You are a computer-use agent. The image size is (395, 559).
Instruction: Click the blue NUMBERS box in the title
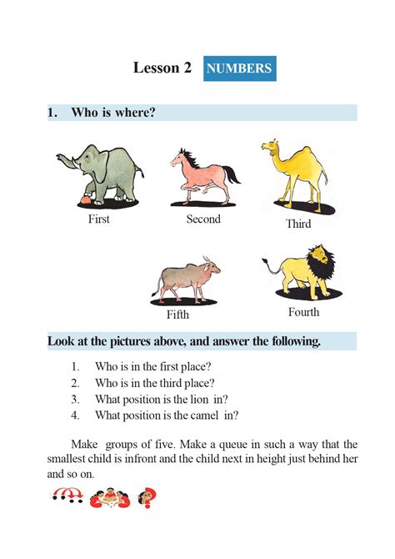click(x=239, y=68)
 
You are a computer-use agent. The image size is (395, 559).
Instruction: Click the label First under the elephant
click(x=98, y=219)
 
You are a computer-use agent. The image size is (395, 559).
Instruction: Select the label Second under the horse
click(x=203, y=219)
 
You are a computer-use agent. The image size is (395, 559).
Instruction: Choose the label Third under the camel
click(x=298, y=224)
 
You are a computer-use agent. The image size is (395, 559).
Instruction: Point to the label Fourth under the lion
click(x=303, y=313)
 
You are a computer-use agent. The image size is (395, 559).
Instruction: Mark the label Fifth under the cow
click(x=177, y=315)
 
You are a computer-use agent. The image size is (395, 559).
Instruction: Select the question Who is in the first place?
click(x=152, y=366)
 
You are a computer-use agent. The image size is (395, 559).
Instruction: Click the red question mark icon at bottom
click(x=152, y=498)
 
